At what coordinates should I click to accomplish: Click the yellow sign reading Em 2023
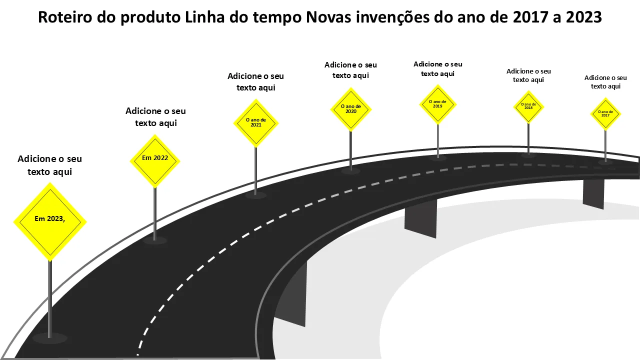(x=50, y=222)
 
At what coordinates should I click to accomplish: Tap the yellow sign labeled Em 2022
(x=155, y=161)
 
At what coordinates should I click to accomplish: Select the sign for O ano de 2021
(x=256, y=123)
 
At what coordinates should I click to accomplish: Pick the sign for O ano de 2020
(x=351, y=109)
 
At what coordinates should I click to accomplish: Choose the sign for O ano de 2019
(x=437, y=104)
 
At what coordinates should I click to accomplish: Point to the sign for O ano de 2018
(x=528, y=107)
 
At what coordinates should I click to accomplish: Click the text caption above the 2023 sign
(x=49, y=165)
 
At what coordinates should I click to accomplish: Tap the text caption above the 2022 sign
(x=155, y=117)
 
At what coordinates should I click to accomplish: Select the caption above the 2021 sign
(x=255, y=81)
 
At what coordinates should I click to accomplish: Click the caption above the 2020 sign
(x=350, y=70)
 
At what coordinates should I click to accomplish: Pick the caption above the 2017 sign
(x=605, y=82)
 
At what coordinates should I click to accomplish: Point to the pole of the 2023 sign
(x=50, y=299)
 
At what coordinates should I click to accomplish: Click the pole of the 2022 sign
(x=155, y=214)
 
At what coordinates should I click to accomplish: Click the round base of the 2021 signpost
(x=255, y=195)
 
